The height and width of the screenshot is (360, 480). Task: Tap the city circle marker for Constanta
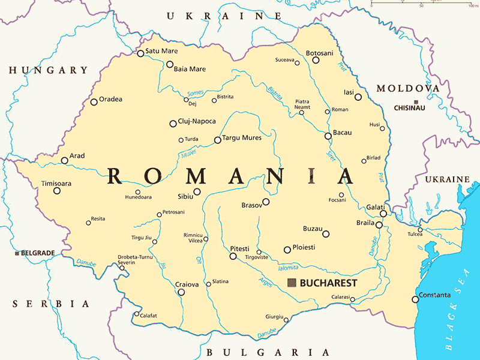[x=415, y=299]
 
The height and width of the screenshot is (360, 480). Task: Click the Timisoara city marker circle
[x=57, y=191]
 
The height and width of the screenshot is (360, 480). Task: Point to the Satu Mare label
[x=162, y=52]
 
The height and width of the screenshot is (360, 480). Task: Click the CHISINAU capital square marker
[x=416, y=101]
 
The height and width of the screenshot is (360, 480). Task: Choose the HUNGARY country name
[x=48, y=70]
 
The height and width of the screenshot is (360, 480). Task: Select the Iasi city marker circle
[x=358, y=97]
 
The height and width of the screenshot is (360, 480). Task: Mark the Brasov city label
[x=251, y=205]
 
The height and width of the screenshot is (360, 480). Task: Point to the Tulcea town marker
[x=420, y=229]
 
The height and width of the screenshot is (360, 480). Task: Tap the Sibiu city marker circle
[x=197, y=192]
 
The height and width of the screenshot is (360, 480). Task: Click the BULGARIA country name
[x=268, y=352]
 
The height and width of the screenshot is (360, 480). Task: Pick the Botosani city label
[x=319, y=53]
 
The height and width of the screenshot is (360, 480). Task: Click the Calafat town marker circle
[x=137, y=314]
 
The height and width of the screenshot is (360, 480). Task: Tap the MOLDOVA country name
[x=408, y=88]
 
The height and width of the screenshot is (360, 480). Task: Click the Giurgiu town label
[x=274, y=316]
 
